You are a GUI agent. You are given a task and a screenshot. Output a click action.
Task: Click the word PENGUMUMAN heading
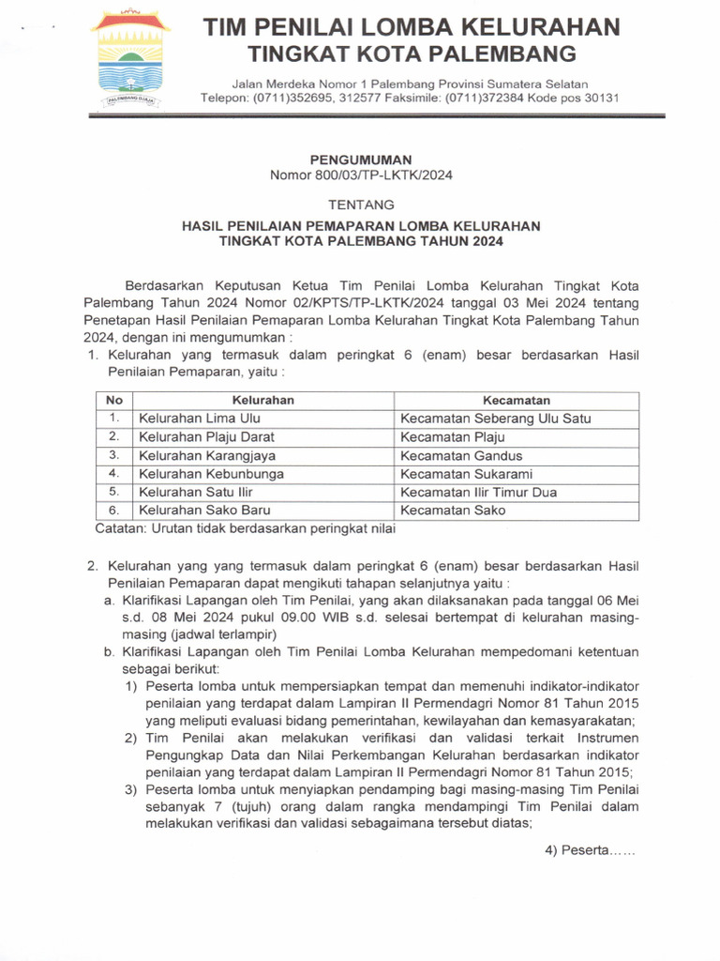(361, 160)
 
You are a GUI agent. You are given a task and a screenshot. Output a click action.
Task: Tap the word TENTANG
(361, 205)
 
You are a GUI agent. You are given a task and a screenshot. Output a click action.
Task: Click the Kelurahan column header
(263, 401)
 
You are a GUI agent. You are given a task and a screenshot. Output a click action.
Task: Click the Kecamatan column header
(517, 401)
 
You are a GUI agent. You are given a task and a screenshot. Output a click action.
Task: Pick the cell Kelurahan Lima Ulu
(200, 419)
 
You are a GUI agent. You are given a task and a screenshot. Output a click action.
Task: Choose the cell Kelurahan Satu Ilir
(196, 492)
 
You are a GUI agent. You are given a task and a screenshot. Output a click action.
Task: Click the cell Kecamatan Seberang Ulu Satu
(495, 419)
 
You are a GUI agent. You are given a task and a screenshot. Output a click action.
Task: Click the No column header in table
(114, 401)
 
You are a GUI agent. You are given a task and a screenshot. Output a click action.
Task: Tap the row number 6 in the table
(113, 511)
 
